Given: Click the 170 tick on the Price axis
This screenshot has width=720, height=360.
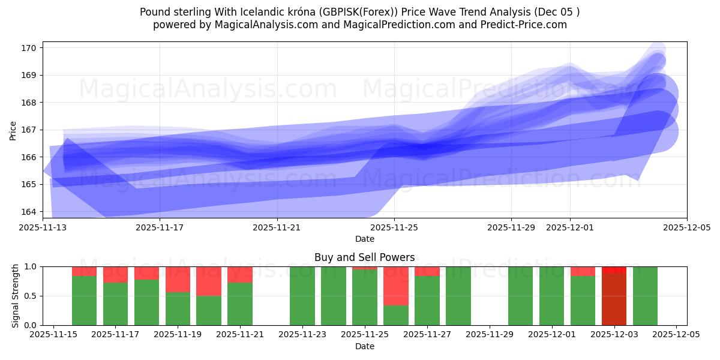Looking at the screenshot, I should coord(31,48).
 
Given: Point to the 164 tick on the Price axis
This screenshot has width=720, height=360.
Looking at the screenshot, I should coord(31,211).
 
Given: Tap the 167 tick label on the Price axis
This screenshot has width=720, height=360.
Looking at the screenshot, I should coord(31,130).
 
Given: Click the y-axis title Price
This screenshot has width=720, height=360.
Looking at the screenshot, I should coord(13,130).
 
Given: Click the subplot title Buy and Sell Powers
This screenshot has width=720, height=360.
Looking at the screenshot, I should coord(364,257).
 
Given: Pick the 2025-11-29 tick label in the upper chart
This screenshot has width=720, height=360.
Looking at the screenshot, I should coord(511,227).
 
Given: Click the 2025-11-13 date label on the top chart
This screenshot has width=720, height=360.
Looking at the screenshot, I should coord(43,227).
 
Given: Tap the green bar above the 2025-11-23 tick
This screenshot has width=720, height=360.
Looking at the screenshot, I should coord(302,296).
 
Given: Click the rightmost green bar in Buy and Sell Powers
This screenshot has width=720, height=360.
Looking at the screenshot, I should coord(645,296).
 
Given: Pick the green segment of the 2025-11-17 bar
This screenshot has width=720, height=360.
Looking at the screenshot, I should coord(115,304).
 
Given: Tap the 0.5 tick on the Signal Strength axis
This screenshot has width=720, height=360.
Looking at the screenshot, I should coord(31,296).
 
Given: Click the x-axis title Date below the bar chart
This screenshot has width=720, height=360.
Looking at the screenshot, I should coord(364,346).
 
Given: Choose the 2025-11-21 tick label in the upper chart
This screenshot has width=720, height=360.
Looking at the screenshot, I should coord(277,227).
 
